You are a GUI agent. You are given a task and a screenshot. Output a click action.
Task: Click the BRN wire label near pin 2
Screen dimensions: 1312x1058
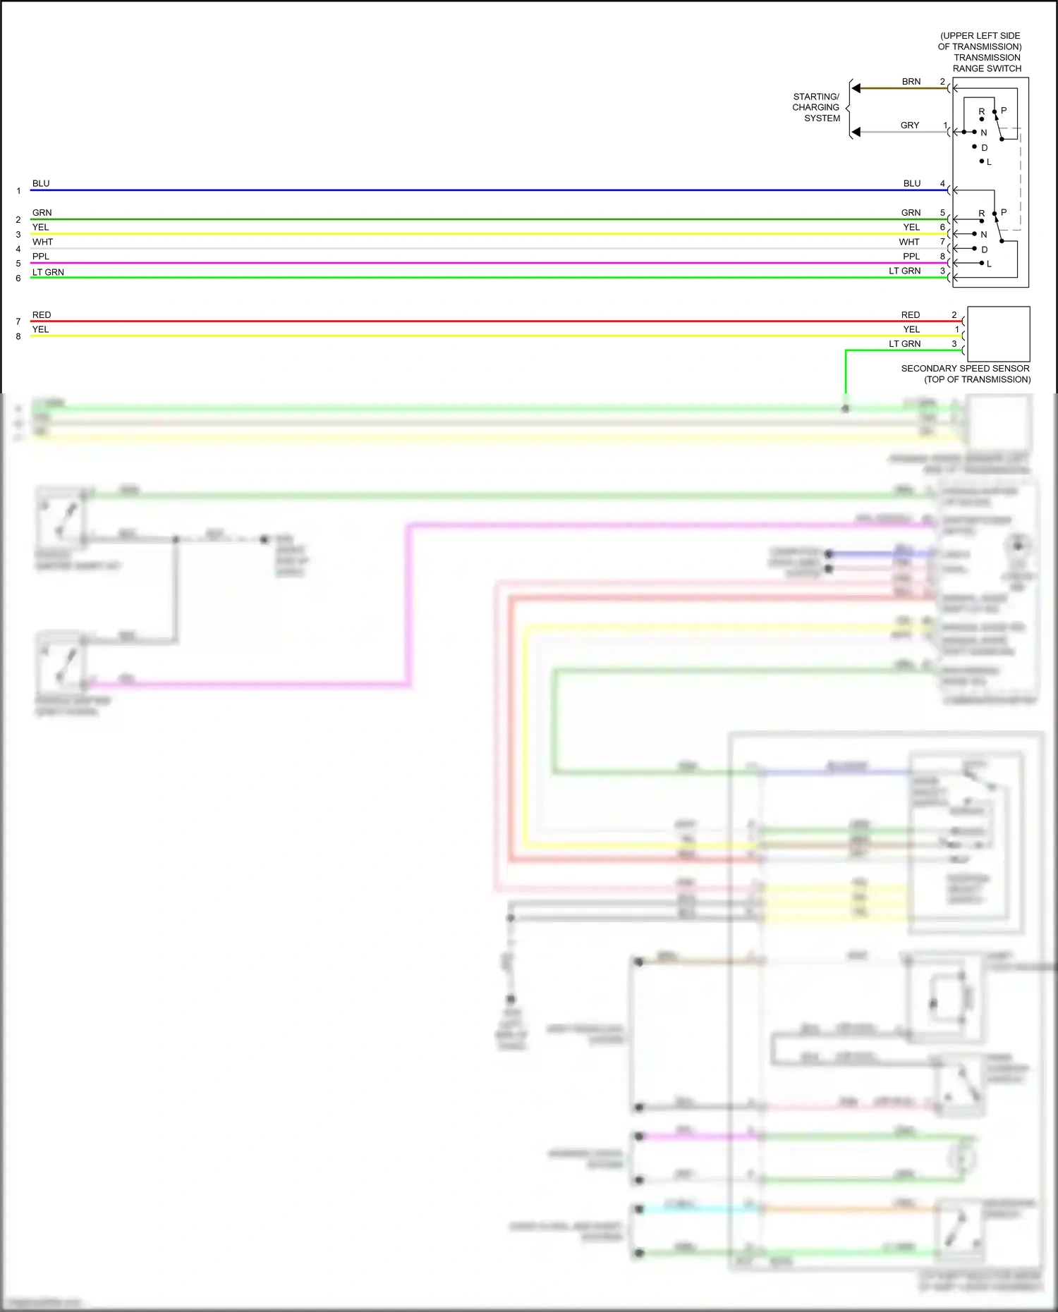point(911,82)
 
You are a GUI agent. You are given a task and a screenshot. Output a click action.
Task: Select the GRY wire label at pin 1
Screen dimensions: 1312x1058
point(909,125)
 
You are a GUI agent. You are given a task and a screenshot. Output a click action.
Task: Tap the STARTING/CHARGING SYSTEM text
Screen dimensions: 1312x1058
point(816,107)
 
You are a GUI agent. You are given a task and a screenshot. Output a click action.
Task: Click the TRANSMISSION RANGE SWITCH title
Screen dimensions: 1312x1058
point(987,63)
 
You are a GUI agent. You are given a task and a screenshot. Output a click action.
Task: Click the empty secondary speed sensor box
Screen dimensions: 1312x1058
point(998,334)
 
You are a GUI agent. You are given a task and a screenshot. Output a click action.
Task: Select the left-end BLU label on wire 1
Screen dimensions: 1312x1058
point(41,183)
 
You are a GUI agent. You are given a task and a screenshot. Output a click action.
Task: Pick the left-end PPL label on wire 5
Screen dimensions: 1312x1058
point(41,257)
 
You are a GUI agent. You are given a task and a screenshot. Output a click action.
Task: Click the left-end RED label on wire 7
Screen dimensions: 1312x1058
point(42,315)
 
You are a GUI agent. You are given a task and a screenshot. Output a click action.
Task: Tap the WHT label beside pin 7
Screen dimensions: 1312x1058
point(909,242)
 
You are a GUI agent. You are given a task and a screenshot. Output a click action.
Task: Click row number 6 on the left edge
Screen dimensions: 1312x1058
point(18,278)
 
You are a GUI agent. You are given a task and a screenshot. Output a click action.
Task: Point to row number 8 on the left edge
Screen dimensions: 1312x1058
point(18,337)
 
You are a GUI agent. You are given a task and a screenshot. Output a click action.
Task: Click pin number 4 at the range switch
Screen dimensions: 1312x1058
point(942,183)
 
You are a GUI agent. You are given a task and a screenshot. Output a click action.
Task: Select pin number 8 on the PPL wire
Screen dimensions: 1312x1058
point(942,257)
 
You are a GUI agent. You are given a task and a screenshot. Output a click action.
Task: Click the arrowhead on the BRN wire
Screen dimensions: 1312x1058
point(856,88)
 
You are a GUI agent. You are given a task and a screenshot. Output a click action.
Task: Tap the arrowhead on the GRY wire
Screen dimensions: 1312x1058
point(856,132)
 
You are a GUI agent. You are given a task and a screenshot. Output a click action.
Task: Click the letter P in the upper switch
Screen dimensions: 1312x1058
point(1004,111)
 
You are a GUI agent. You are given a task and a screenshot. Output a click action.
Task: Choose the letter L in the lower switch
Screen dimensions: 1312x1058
point(989,264)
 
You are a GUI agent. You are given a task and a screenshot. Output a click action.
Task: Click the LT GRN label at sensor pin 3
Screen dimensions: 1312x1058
point(904,344)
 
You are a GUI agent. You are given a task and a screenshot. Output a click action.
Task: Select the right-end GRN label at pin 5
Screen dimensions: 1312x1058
point(911,213)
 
